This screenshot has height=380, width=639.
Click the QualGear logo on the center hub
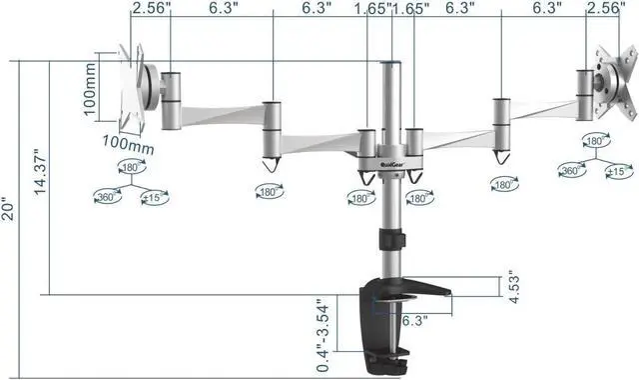pos(369,166)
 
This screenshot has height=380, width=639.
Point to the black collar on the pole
pos(389,241)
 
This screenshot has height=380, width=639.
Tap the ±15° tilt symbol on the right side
pos(620,172)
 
